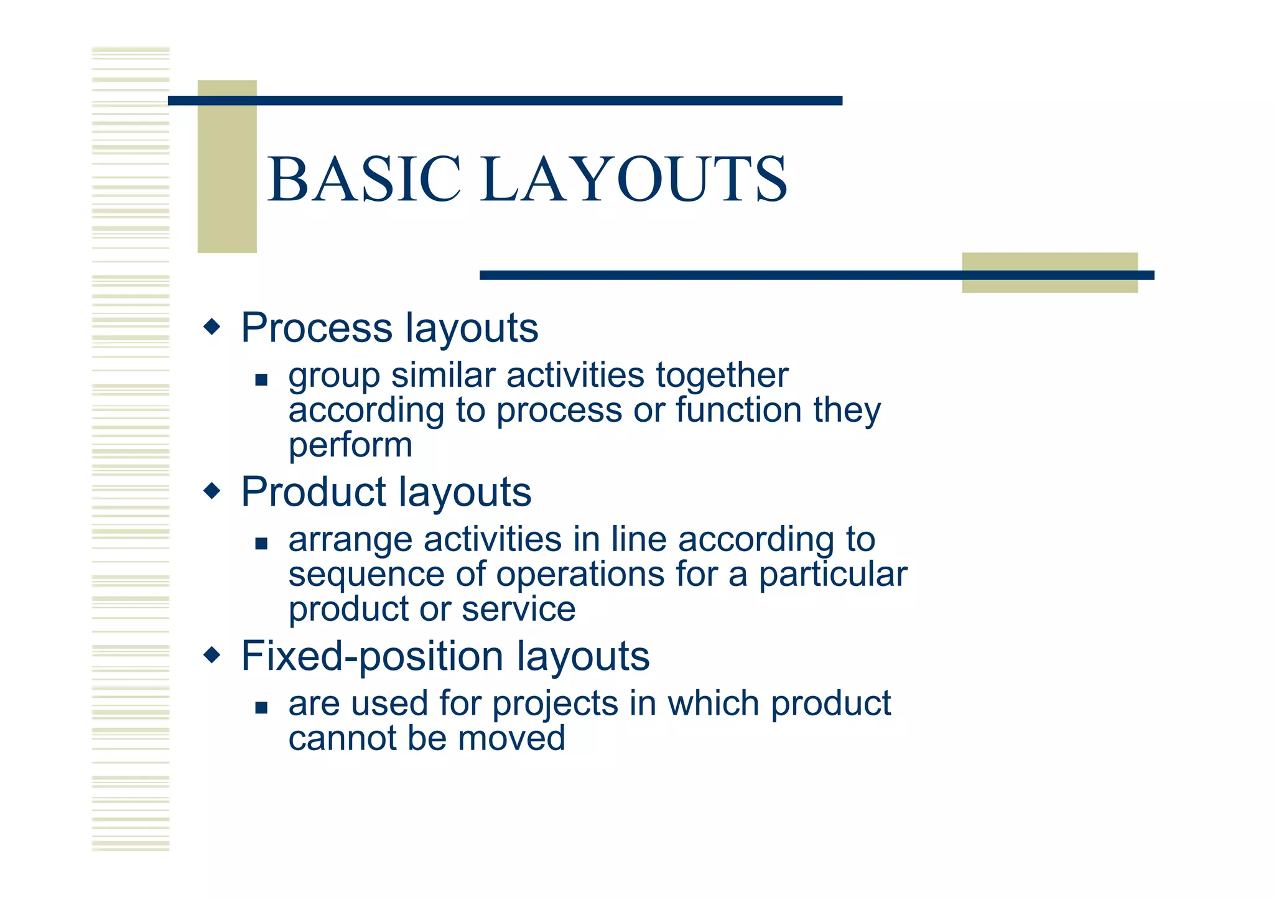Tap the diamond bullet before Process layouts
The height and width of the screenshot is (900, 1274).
tap(212, 327)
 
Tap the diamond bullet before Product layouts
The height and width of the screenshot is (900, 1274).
tap(212, 491)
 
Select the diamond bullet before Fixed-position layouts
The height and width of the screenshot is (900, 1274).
tap(212, 655)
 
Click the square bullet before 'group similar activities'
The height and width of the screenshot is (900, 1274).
tap(261, 379)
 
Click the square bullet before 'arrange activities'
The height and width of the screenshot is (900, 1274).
tap(261, 544)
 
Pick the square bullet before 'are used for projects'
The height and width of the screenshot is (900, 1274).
tap(261, 707)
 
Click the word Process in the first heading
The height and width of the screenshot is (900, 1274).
tap(316, 328)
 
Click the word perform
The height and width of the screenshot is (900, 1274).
tap(350, 445)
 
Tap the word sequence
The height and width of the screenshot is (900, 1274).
tap(366, 575)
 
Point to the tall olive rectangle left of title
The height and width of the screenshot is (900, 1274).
tap(227, 166)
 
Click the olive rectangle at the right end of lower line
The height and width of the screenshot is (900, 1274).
tap(1049, 272)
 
